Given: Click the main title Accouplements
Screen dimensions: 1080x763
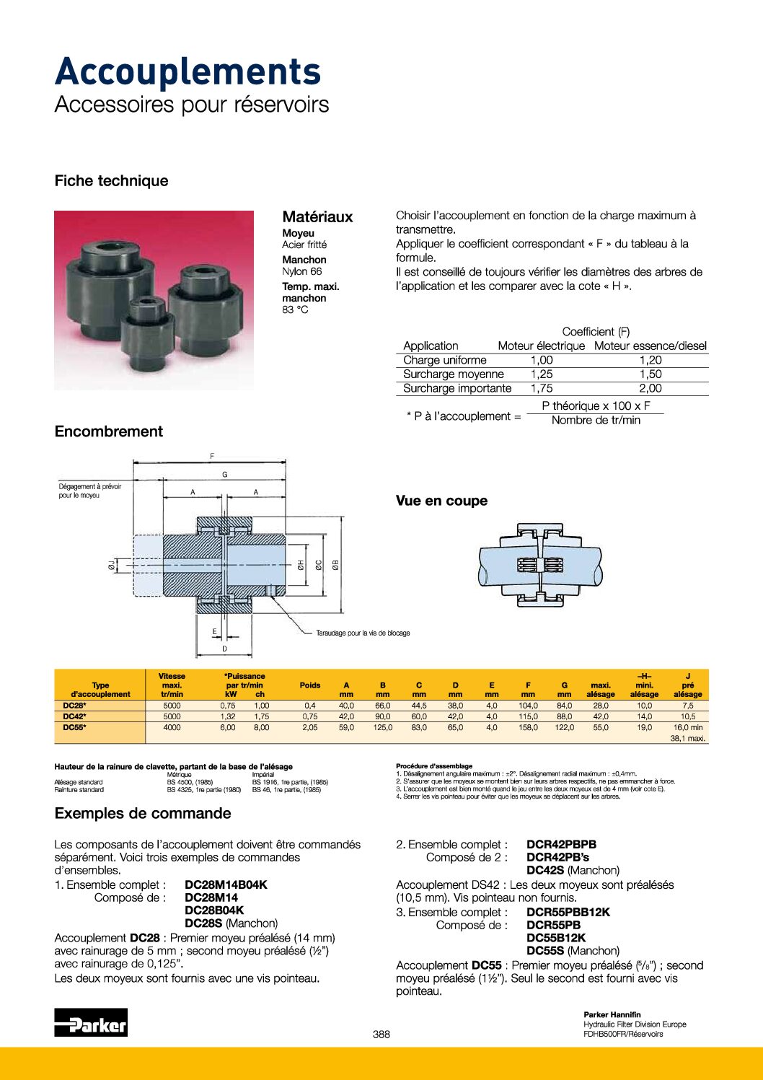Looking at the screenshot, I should coord(188,72).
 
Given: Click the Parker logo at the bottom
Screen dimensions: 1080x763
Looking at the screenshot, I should coord(91,1023).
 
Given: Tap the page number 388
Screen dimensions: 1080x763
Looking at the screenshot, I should coord(381,1034).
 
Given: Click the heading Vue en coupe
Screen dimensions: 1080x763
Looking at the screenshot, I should coord(441,501).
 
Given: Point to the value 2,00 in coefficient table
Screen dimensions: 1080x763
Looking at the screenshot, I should coord(650,388).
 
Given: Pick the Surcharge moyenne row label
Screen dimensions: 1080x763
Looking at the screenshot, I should coord(454,374).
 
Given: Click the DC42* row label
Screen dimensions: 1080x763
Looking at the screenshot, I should coord(74,716).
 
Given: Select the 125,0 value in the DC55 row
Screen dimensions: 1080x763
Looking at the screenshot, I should coord(382,727).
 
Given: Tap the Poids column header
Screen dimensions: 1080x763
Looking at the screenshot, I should coord(310,685).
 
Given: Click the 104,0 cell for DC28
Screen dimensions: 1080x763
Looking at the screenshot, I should coord(528,706).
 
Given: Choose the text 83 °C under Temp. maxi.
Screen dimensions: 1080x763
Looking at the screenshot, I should coord(295,309).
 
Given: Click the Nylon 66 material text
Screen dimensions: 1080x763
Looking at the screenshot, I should coord(301,271).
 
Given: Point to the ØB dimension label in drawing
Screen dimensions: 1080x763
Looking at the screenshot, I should coord(335,565).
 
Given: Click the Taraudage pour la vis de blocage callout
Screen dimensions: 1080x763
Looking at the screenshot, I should coord(363,633).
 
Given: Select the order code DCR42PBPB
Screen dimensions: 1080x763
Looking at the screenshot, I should coord(561,844).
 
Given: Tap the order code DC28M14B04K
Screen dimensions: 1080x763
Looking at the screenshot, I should coord(226,884).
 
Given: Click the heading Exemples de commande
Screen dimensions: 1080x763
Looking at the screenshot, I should coord(143,813).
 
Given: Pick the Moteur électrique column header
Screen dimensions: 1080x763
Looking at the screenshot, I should coord(541,346).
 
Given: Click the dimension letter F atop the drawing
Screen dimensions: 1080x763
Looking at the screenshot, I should coord(212,456).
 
